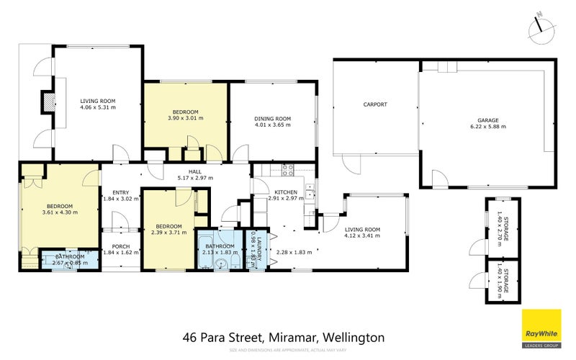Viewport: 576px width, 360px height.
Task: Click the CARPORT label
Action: point(374,104)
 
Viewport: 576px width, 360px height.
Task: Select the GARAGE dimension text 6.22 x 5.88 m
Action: point(487,127)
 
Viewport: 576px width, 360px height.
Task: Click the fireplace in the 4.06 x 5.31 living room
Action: point(47,102)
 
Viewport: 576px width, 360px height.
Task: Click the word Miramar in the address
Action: point(293,337)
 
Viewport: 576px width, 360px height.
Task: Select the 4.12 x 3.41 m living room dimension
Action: point(361,235)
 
